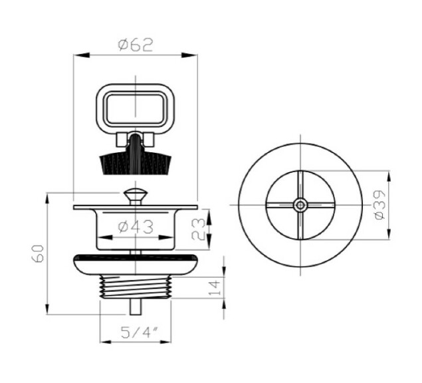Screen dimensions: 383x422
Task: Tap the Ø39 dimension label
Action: pyautogui.click(x=380, y=203)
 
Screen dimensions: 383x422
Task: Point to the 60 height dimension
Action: pyautogui.click(x=38, y=253)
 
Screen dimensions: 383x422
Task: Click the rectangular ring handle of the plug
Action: pyautogui.click(x=135, y=107)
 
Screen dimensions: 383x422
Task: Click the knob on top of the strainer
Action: pyautogui.click(x=135, y=195)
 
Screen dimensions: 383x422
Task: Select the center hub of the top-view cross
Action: pyautogui.click(x=301, y=203)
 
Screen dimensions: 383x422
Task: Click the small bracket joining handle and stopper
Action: pyautogui.click(x=135, y=140)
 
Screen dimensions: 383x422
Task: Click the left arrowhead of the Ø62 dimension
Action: pyautogui.click(x=76, y=57)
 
